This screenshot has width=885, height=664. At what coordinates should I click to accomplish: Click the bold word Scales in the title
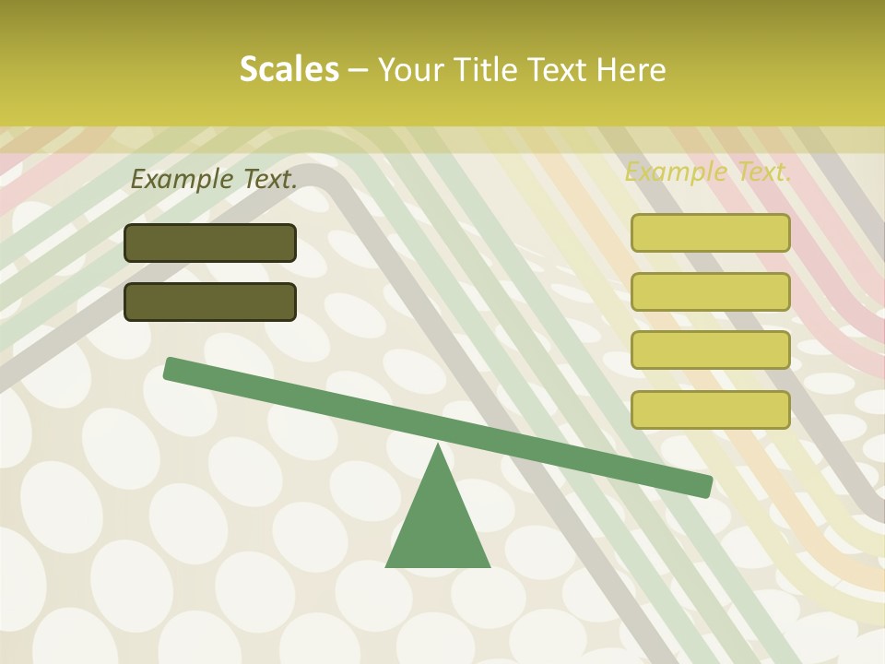point(289,69)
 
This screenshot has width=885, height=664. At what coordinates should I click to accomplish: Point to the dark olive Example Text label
point(214,179)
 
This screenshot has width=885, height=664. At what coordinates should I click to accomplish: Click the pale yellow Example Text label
point(708,172)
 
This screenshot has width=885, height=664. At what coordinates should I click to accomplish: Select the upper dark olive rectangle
point(210,243)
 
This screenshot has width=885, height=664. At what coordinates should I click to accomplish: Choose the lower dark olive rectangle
point(210,302)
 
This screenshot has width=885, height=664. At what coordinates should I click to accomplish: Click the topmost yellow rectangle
point(711,232)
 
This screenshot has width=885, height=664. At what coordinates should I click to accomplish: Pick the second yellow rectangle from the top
point(711,291)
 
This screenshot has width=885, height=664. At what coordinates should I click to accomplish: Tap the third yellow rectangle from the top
point(711,350)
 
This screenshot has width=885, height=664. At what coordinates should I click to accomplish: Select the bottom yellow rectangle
point(711,409)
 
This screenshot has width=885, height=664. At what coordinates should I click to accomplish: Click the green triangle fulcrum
point(438,526)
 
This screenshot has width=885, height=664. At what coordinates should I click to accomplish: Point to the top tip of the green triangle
point(438,445)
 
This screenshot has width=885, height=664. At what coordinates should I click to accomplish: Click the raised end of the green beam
point(171,368)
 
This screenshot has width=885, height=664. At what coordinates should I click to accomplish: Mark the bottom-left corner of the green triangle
point(387,565)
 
